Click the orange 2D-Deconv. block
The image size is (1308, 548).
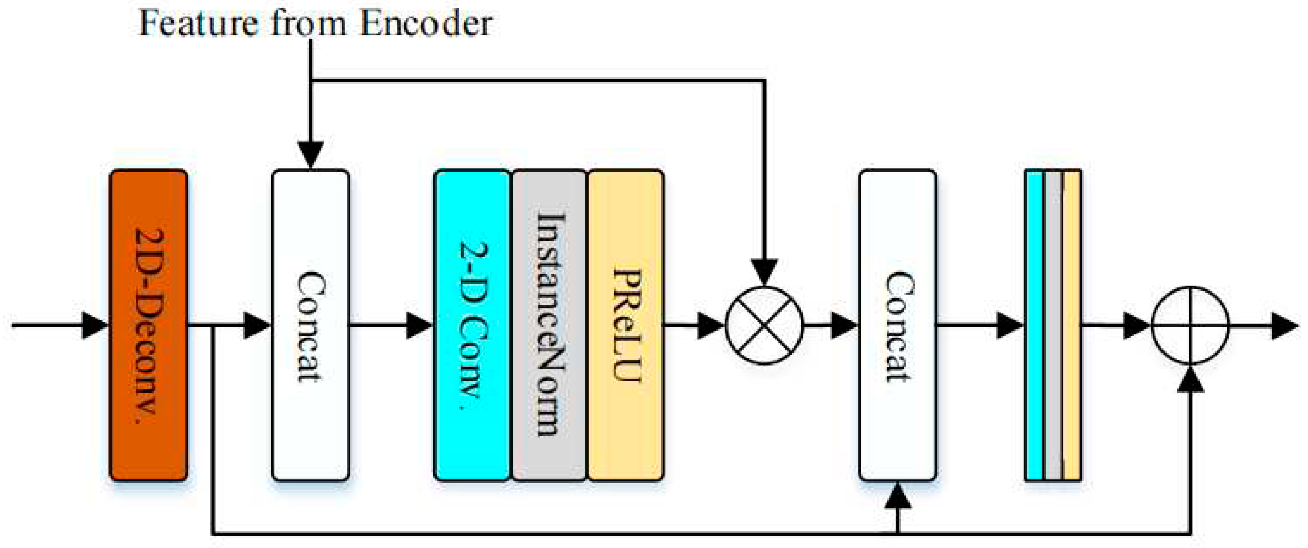coord(148,325)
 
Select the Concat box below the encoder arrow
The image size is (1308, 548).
coord(310,325)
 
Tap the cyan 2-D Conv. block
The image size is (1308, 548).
coord(471,325)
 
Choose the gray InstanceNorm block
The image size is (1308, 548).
coord(549,325)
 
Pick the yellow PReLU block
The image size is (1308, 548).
coord(626,325)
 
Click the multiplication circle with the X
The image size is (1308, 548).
coord(764,325)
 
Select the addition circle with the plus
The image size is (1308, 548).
coord(1190,325)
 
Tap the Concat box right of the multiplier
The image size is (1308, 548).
coord(897,325)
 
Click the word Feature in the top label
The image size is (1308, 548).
coord(199,23)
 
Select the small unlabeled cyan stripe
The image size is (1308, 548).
coord(1034,325)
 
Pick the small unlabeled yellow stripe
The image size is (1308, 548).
coord(1072,325)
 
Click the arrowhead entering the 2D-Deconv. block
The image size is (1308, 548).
coord(95,325)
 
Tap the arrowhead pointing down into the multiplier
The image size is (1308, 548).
coord(764,272)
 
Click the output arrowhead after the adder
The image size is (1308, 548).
coord(1285,325)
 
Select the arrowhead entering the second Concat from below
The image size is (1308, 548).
coord(897,496)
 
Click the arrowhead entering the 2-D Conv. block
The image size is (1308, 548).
coord(419,325)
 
